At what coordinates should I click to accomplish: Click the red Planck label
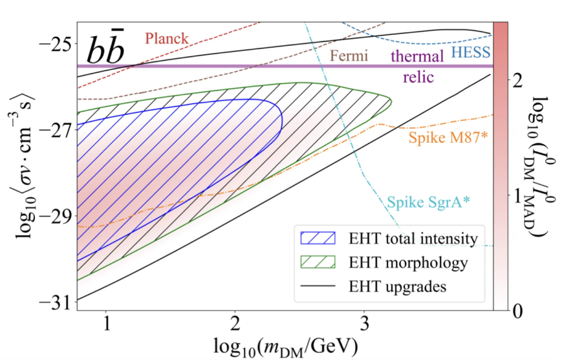tap(166, 38)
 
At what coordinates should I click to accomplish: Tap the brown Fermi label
tap(349, 56)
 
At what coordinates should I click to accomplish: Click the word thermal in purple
tap(417, 56)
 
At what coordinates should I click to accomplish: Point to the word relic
tap(417, 78)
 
